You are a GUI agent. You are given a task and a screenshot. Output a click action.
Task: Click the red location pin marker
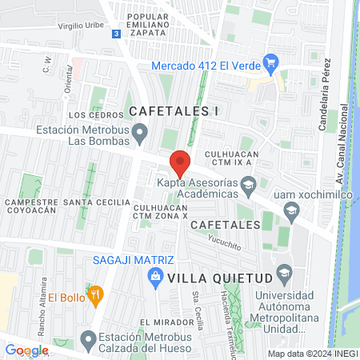[x=180, y=162]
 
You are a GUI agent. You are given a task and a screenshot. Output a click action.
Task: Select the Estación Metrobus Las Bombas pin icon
[x=141, y=132]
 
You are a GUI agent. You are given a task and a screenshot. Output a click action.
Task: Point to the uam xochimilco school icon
[x=291, y=210]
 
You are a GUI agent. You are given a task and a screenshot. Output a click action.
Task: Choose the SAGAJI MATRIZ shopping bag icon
[x=156, y=277]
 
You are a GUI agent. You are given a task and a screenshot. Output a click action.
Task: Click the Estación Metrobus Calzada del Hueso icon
[x=89, y=339]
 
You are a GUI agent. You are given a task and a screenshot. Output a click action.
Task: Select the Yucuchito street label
[x=224, y=242]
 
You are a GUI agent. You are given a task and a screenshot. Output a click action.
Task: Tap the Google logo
[x=26, y=350]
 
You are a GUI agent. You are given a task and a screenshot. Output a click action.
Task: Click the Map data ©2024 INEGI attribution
[x=311, y=354]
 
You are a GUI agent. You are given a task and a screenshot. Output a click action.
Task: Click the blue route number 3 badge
[x=117, y=34]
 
